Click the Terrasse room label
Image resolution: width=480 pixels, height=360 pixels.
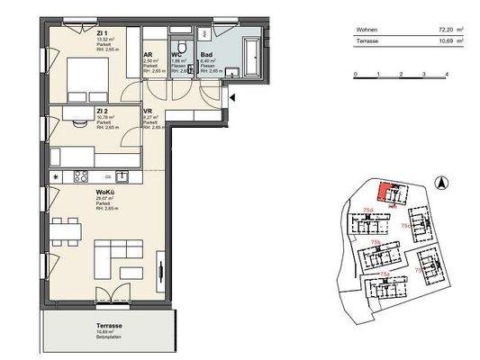pos(110,326)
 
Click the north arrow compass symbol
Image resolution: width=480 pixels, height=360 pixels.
pos(441,184)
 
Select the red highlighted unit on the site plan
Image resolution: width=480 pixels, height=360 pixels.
pos(386,191)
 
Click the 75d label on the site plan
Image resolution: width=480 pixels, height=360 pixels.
pos(368,209)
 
